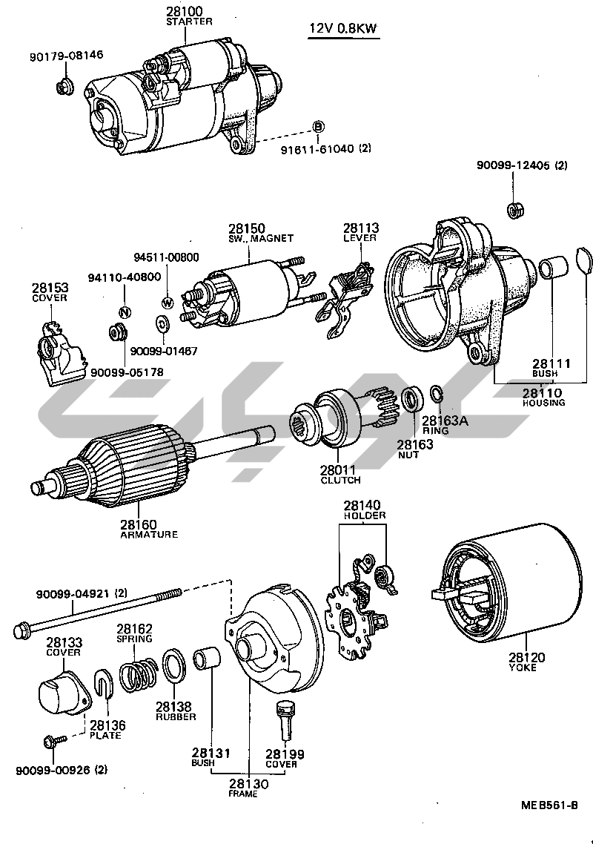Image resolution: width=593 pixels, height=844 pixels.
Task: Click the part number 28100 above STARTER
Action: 188,11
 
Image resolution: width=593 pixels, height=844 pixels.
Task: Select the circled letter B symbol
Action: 317,127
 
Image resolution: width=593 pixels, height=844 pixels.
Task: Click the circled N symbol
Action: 125,311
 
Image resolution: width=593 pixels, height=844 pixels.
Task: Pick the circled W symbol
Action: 167,302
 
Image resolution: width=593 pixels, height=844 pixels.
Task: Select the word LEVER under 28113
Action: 360,238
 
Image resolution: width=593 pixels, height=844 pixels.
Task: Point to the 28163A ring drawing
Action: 437,392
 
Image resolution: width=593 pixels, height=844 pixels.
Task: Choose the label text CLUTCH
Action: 340,481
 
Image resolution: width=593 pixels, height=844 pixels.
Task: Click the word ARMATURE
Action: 149,534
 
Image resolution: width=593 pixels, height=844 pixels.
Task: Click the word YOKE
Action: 523,667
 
